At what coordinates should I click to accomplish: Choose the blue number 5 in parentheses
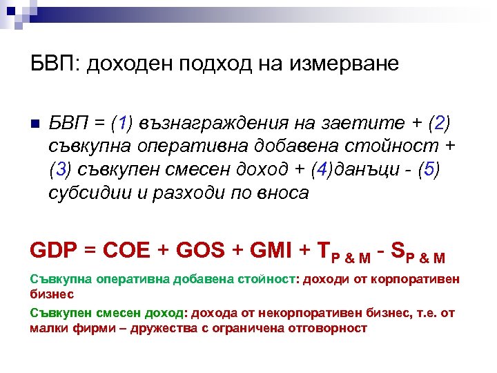click(433, 170)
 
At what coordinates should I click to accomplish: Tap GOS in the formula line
click(201, 250)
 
